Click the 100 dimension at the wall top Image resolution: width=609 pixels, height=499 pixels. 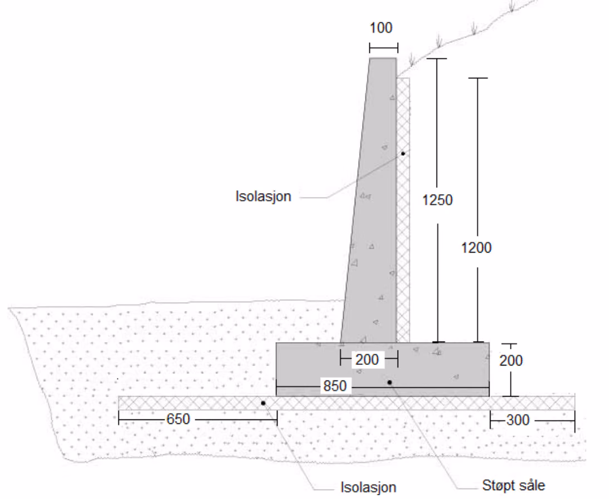380,28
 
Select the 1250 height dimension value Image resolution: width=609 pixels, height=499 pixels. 437,200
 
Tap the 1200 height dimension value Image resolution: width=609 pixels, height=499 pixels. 476,248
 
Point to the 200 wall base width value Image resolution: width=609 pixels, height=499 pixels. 367,359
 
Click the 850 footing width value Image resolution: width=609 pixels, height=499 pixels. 335,386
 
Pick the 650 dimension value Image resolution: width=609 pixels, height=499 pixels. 179,419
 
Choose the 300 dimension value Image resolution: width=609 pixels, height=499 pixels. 518,420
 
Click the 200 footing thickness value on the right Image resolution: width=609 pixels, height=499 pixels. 511,360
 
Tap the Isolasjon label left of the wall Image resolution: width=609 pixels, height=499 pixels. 263,196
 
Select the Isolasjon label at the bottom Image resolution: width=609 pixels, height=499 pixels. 368,487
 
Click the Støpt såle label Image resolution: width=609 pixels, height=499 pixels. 513,486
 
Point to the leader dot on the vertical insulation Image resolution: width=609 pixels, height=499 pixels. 403,154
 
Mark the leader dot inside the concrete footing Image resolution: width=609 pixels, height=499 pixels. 389,382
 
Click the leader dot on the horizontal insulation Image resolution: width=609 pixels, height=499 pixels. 263,403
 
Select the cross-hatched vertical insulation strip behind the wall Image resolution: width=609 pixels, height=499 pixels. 403,210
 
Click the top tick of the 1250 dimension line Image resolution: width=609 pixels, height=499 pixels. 437,58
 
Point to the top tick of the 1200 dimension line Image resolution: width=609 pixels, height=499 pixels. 477,78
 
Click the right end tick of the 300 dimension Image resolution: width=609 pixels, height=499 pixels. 575,421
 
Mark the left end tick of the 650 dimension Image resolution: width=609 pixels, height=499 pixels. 118,419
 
